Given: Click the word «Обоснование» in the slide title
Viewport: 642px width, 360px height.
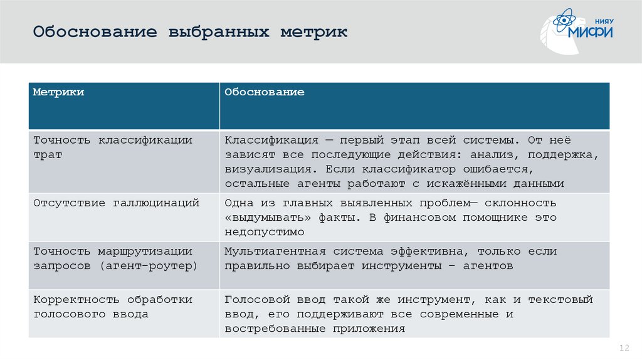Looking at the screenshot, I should pos(95,32).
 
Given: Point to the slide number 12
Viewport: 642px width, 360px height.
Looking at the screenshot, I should pos(623,348).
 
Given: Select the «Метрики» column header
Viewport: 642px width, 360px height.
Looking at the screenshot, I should pos(58,92).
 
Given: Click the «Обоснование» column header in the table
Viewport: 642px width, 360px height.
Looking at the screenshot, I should pos(265,92).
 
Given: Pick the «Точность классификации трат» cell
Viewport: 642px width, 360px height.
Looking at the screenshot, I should pos(112,147).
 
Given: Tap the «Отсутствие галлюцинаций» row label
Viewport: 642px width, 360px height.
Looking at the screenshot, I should pos(116,203).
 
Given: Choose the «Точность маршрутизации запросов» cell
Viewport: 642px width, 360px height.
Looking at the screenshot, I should pos(112,258).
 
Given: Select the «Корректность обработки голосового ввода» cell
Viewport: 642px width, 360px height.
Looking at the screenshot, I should pos(112,307).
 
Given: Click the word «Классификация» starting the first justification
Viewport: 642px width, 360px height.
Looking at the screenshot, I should pos(271,140).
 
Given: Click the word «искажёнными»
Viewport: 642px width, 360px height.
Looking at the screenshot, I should pos(476,184).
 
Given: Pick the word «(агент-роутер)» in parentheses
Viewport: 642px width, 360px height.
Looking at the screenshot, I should pos(147,266).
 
